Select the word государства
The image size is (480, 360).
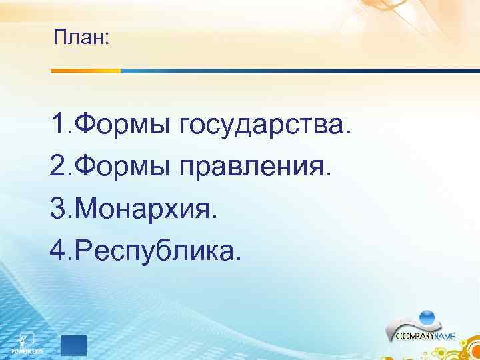point(265,124)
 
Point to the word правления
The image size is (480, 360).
point(256,167)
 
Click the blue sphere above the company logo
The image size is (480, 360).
point(427,317)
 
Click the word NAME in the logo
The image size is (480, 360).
point(444,337)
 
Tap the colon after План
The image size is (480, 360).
point(107,40)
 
